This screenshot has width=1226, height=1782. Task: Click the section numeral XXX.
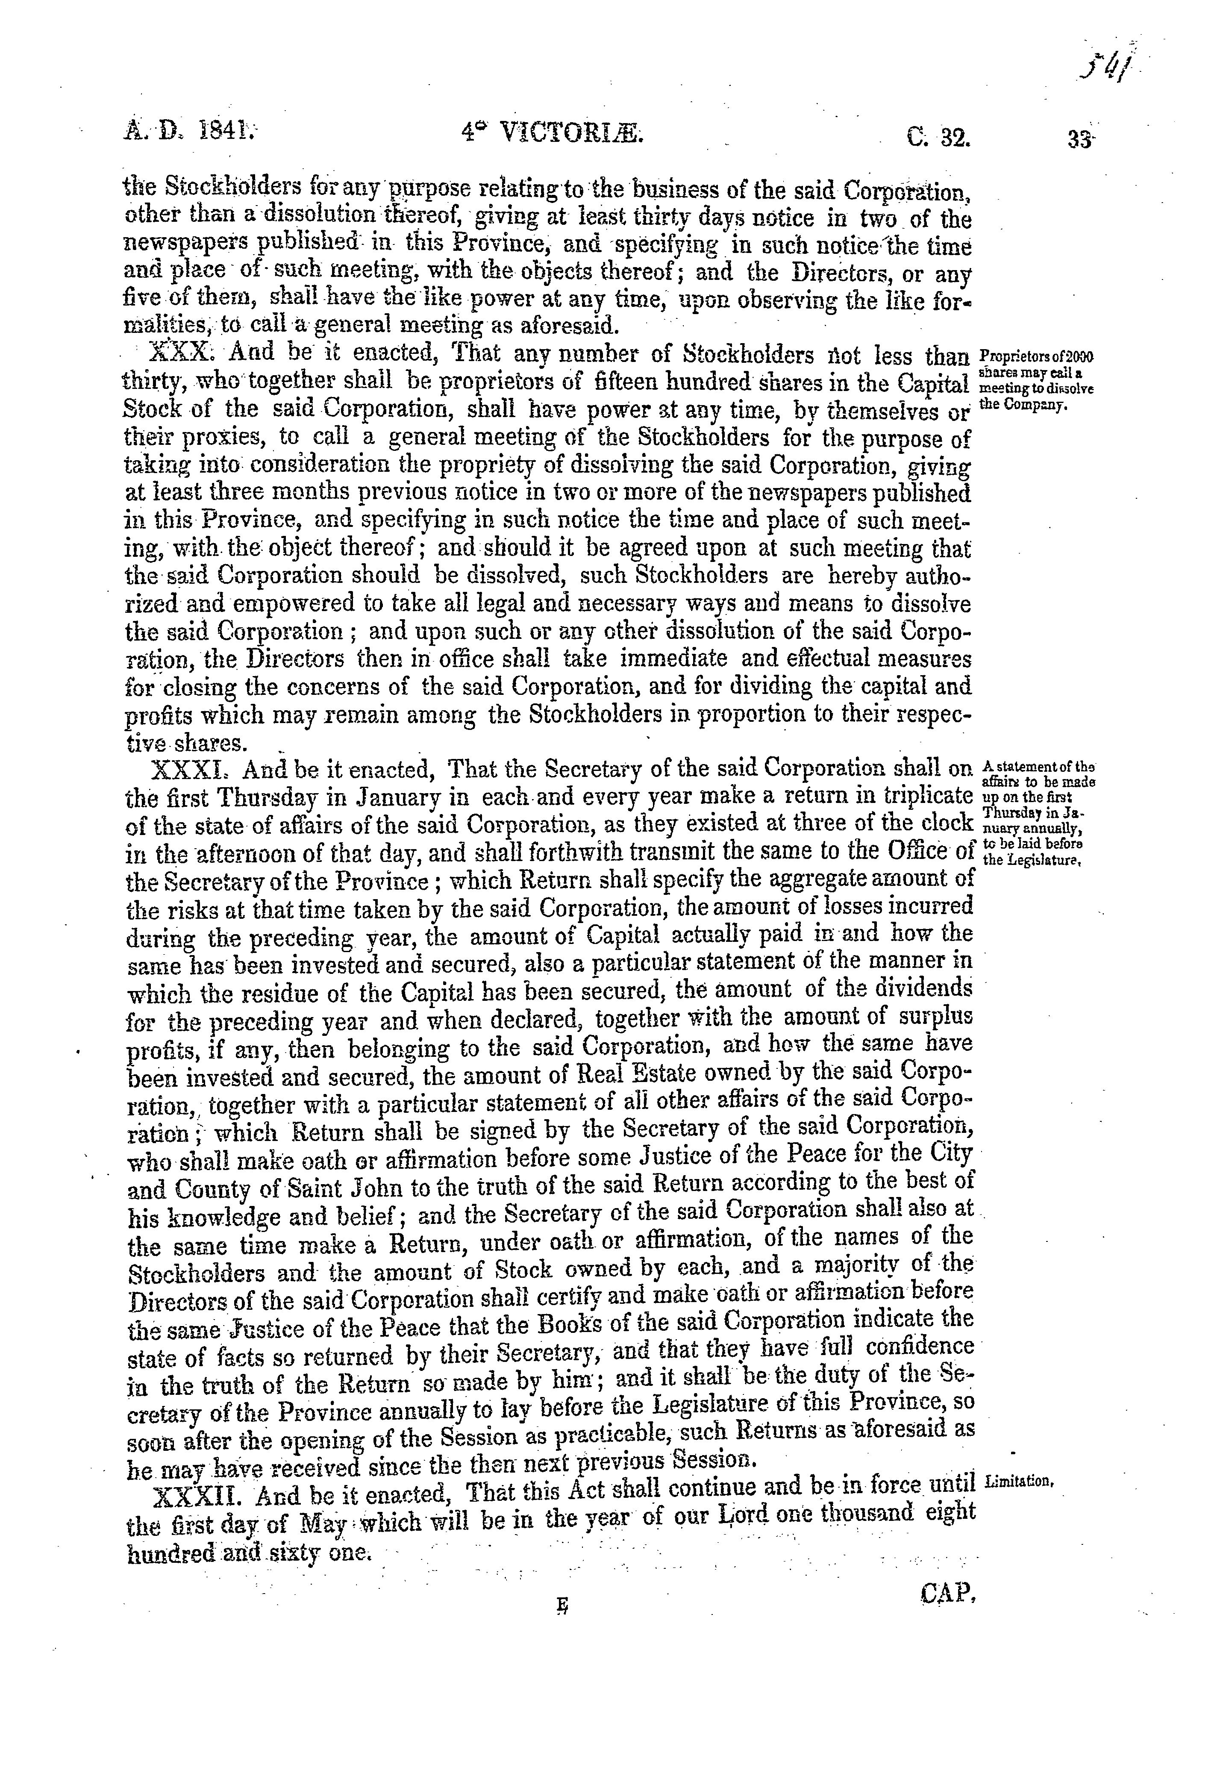point(176,354)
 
